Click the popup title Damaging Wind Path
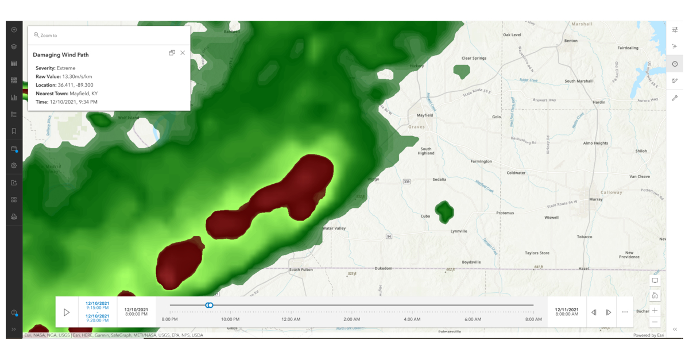pos(61,55)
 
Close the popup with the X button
pos(183,53)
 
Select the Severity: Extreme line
pos(55,68)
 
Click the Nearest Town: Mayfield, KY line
pos(67,94)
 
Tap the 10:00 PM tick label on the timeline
pos(230,319)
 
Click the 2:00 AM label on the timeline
pos(351,319)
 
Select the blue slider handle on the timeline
pos(210,305)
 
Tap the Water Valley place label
pos(334,229)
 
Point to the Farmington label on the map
pos(481,161)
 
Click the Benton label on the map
pos(571,41)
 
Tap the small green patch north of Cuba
pos(444,211)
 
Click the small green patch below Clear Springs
pos(462,71)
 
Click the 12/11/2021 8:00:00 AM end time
pos(567,312)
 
